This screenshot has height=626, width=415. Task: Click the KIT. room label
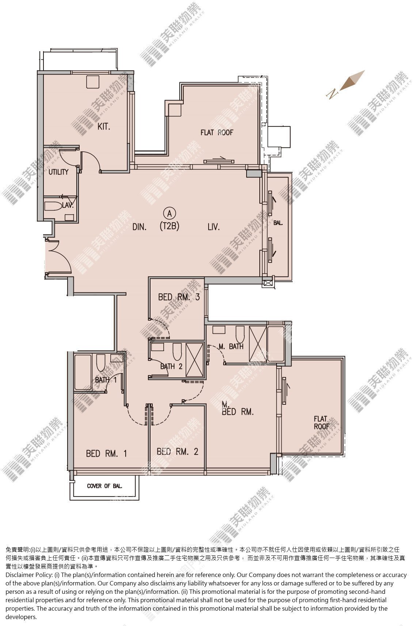[104, 127]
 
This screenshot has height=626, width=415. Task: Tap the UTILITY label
[58, 172]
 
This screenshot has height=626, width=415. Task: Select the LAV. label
[68, 205]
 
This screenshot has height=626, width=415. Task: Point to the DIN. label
[139, 227]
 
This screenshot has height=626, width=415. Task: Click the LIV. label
[214, 227]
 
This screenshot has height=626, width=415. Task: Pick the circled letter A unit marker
[170, 214]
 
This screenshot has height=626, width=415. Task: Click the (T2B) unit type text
[170, 226]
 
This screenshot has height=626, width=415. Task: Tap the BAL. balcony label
[278, 223]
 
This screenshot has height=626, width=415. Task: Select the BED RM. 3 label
[179, 297]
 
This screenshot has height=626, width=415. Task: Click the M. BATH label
[231, 347]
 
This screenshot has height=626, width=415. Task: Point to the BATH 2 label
[171, 366]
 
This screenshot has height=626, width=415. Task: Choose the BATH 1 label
[106, 380]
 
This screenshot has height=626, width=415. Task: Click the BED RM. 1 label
[106, 453]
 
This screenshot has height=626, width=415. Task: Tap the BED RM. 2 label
[177, 452]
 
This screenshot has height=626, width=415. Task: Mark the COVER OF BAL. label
[104, 486]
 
